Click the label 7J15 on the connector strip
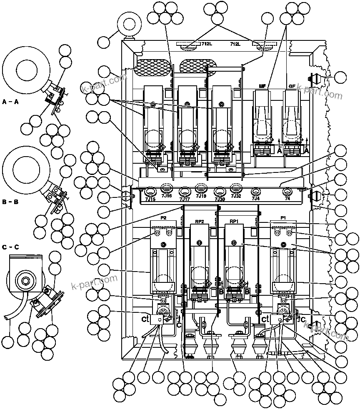150,200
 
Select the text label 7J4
255,199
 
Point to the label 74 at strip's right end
287,199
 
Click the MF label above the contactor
262,87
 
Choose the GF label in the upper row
292,87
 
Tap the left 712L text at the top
207,44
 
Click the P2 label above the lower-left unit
163,218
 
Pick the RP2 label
199,221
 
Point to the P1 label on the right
283,218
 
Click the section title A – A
10,101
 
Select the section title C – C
10,247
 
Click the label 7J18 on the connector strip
201,196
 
